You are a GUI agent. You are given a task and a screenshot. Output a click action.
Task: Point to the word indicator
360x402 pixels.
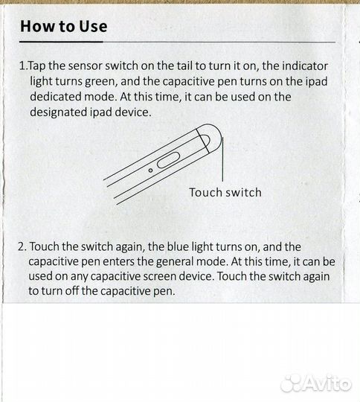305,66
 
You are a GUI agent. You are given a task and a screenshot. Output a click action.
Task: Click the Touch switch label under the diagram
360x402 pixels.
225,193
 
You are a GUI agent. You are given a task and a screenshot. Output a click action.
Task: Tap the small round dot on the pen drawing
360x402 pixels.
151,170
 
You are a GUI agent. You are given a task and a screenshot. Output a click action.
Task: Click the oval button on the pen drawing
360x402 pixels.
168,160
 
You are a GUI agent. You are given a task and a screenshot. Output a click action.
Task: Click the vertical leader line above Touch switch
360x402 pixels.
222,159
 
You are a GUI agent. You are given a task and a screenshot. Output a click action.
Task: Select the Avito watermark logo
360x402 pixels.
316,383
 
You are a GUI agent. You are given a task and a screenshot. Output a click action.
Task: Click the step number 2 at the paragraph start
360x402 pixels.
22,246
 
